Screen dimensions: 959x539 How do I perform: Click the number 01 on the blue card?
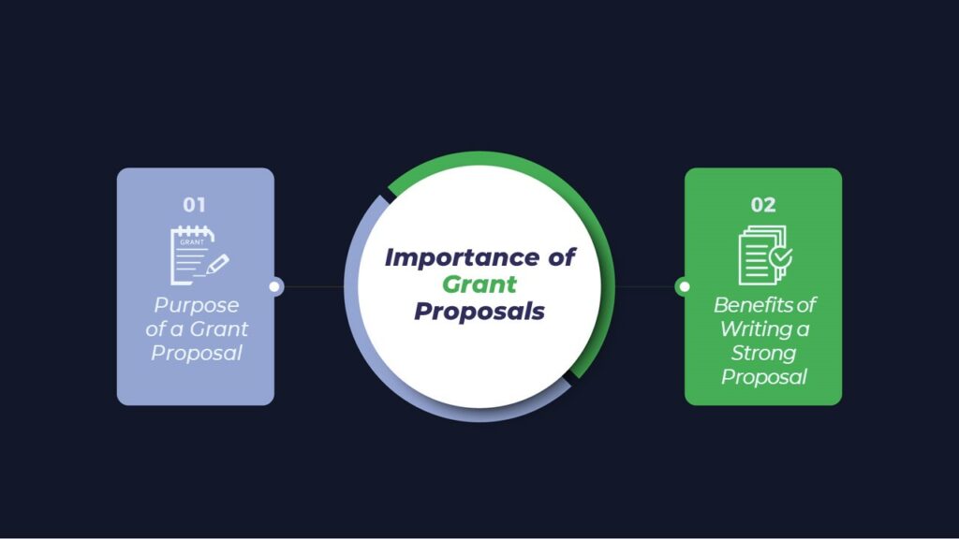[x=195, y=205]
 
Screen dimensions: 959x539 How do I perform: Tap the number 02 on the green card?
[x=762, y=205]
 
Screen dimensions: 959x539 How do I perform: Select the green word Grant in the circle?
[x=479, y=284]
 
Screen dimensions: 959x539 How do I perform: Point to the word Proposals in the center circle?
[x=479, y=311]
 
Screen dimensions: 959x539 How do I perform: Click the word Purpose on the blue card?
[x=197, y=306]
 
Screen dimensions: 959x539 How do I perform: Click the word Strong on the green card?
[x=763, y=353]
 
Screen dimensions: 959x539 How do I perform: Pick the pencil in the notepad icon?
[x=217, y=264]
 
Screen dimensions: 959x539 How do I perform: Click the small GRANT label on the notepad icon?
[x=192, y=242]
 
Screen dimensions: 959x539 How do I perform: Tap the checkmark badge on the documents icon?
[x=781, y=257]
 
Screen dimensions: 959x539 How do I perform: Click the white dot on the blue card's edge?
[x=274, y=286]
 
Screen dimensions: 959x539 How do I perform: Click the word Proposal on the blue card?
[x=197, y=353]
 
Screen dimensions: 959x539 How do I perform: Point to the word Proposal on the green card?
[x=764, y=377]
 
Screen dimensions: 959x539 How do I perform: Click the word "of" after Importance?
[x=561, y=257]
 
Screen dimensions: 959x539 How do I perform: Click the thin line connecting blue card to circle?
[x=313, y=286]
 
